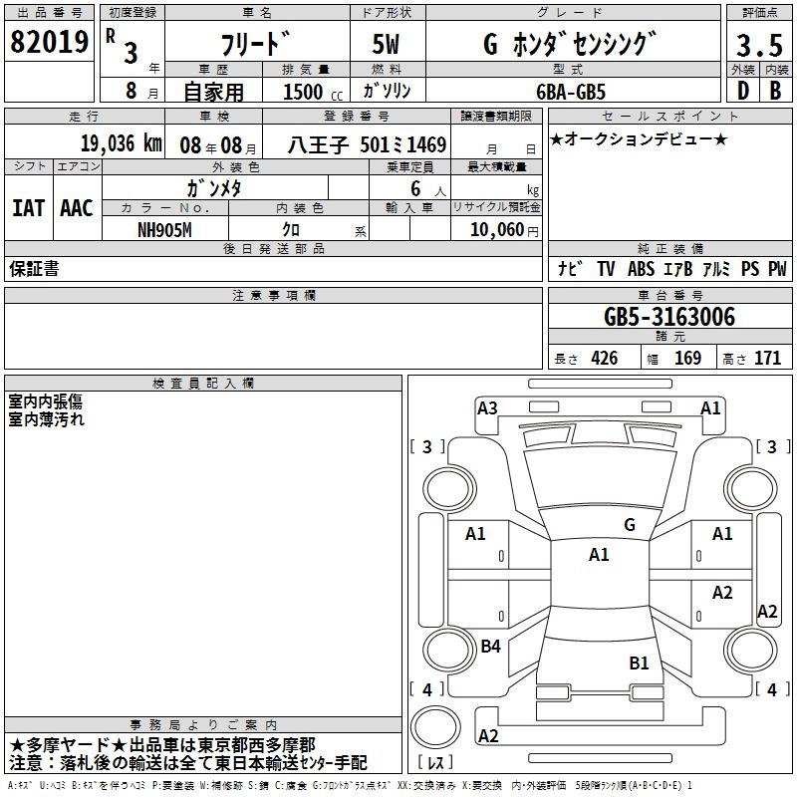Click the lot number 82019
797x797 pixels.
pyautogui.click(x=49, y=42)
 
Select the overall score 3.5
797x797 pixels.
pyautogui.click(x=759, y=45)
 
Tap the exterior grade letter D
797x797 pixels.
pyautogui.click(x=742, y=91)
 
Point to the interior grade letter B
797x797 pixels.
pyautogui.click(x=775, y=91)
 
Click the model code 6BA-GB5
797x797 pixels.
pyautogui.click(x=571, y=92)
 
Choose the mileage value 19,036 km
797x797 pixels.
pyautogui.click(x=121, y=143)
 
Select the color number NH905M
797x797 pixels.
pyautogui.click(x=164, y=230)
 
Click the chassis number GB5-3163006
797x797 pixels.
pyautogui.click(x=669, y=317)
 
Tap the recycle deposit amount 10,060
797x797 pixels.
pyautogui.click(x=497, y=230)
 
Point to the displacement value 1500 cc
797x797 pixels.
pyautogui.click(x=313, y=92)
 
